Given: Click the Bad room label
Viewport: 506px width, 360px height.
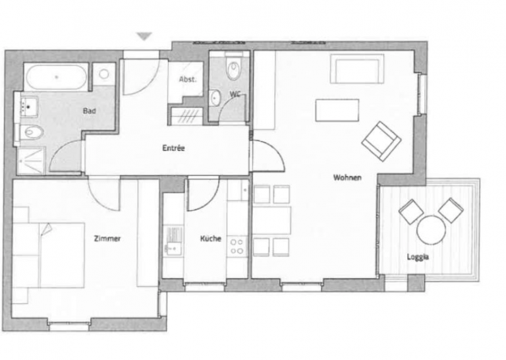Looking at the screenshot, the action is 90,111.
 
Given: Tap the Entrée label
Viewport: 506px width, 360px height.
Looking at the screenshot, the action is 173,148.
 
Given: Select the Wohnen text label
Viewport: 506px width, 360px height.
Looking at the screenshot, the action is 347,177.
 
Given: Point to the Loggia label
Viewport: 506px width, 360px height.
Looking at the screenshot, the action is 418,257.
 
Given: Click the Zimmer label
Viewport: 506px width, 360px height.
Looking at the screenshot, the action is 107,239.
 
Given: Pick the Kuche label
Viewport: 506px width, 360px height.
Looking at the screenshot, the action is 211,239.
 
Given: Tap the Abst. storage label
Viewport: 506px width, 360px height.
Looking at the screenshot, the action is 188,79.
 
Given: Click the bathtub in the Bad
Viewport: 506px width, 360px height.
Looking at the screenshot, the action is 57,78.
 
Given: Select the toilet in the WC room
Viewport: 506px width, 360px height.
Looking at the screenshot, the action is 233,69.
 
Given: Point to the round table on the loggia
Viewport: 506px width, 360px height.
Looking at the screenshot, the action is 431,230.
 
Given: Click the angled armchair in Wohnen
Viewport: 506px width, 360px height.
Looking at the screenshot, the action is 381,141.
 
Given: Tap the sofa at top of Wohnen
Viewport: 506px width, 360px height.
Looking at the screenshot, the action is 357,69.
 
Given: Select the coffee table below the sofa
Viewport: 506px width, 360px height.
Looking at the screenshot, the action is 337,110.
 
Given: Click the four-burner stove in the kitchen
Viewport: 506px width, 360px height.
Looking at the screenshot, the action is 237,247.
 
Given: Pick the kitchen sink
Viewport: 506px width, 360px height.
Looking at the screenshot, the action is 173,241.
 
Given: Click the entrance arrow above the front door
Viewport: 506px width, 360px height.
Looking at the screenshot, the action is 144,36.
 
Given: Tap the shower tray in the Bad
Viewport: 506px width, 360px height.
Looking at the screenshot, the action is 31,160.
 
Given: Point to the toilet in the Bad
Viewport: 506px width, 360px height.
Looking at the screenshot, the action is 32,132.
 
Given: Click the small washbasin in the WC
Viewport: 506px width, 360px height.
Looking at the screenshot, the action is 215,98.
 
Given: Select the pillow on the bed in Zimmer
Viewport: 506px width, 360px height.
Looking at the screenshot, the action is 46,229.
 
